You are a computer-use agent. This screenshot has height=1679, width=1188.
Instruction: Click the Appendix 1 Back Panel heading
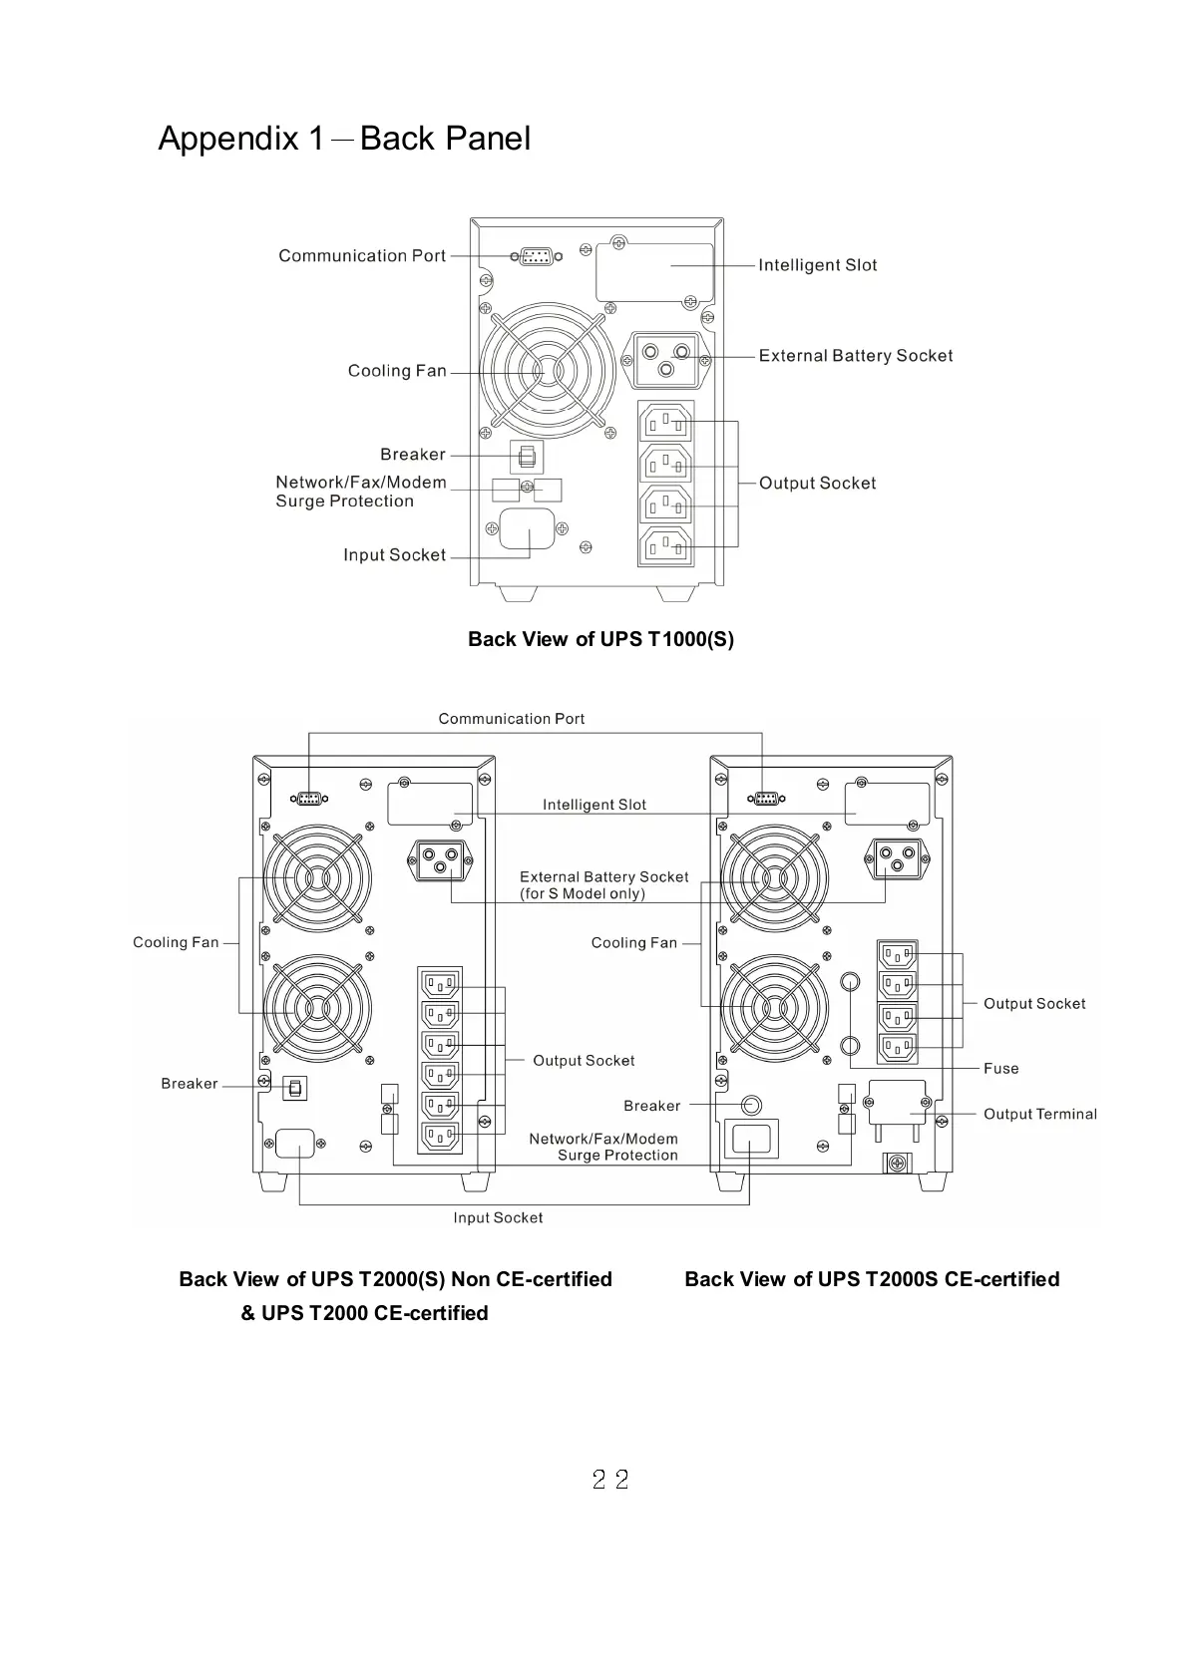(x=344, y=139)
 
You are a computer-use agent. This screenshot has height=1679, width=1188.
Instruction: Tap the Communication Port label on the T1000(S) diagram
(x=362, y=256)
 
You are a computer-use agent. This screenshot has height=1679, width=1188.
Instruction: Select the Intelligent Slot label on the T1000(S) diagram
(x=817, y=265)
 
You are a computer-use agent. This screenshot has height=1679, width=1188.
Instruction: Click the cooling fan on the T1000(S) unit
(x=545, y=371)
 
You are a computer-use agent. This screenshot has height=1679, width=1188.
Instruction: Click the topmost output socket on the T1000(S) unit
(x=665, y=421)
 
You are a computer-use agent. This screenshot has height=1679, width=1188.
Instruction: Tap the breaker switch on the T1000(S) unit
(x=526, y=458)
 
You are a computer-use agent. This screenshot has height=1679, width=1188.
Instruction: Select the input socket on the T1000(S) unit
(x=527, y=528)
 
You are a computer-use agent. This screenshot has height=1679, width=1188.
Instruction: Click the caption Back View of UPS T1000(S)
(x=600, y=639)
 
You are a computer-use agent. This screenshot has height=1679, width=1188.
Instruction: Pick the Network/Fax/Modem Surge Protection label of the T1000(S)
(x=360, y=492)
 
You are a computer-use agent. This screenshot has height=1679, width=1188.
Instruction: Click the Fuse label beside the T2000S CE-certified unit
(x=1000, y=1069)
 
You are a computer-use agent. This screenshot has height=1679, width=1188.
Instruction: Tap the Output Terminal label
(x=1039, y=1115)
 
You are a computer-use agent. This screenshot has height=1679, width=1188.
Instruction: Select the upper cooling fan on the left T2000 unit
(x=316, y=878)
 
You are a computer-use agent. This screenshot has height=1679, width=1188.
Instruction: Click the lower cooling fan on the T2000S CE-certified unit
(x=774, y=1008)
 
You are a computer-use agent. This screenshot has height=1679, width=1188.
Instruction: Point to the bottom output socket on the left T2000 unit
(x=440, y=1137)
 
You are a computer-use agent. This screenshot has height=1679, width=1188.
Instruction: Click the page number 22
(x=609, y=1480)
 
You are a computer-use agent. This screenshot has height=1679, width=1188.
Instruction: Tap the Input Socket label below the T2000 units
(x=498, y=1218)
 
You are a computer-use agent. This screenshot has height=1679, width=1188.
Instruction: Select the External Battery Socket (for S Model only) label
(x=603, y=885)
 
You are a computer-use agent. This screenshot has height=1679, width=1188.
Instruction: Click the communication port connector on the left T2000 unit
(x=309, y=798)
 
